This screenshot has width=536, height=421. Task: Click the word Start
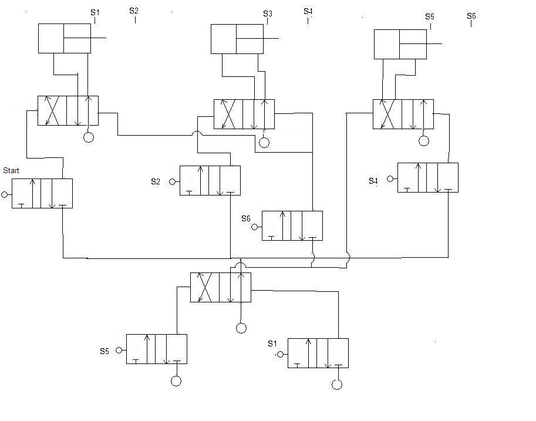(x=11, y=170)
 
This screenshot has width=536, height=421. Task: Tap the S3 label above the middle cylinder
(x=268, y=14)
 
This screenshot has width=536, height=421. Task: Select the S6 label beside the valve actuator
(x=246, y=218)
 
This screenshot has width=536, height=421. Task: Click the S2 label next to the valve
(x=156, y=181)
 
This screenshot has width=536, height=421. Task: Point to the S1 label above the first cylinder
(x=95, y=13)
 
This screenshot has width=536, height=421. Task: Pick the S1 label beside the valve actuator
(x=272, y=343)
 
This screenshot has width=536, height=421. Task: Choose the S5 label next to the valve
(x=104, y=351)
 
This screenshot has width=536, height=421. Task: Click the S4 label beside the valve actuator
(x=373, y=181)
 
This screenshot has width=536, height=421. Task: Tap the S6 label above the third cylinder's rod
(x=471, y=16)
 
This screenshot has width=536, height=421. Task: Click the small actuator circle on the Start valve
(x=5, y=194)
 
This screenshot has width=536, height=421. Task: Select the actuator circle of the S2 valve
(x=172, y=182)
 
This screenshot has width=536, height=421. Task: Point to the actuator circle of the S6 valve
(x=254, y=227)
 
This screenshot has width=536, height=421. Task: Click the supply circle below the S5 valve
(x=176, y=380)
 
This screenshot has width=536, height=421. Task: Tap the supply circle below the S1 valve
(x=337, y=385)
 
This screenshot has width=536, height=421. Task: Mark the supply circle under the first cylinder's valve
(x=89, y=137)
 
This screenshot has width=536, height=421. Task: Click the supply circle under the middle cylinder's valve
(x=264, y=142)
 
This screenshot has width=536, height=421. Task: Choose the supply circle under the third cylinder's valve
(x=424, y=140)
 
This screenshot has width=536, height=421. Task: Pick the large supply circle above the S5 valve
(x=241, y=328)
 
